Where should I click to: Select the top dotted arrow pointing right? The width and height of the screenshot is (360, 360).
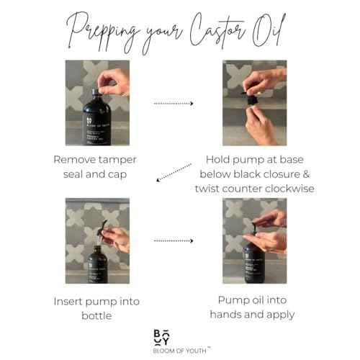tap(174, 104)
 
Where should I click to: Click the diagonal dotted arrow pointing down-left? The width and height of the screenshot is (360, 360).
tap(174, 176)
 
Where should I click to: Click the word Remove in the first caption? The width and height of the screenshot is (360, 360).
tap(72, 158)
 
